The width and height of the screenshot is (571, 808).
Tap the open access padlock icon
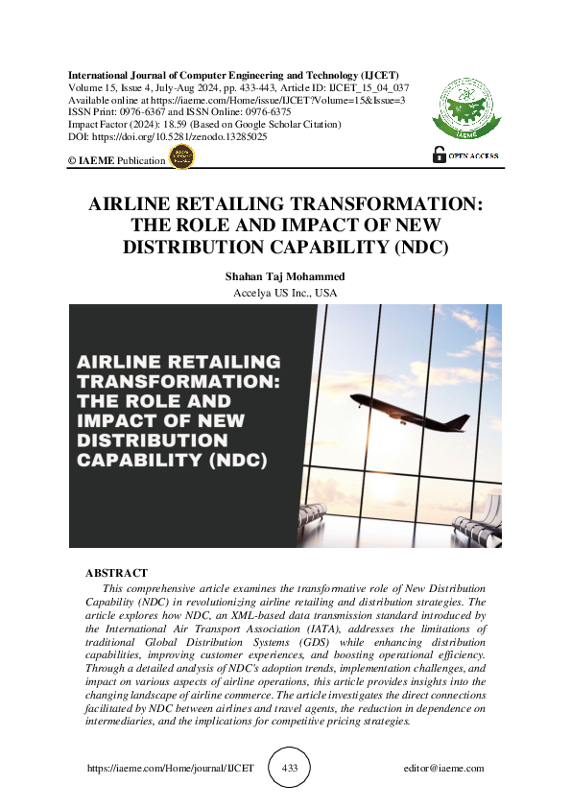tap(440, 154)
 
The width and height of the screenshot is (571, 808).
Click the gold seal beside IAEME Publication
tap(180, 159)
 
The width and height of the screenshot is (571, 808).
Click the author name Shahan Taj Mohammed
tap(285, 276)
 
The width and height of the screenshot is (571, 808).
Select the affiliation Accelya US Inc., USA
tap(285, 293)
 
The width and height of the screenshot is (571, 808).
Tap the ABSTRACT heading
tap(117, 573)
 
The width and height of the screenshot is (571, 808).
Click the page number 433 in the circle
tap(289, 768)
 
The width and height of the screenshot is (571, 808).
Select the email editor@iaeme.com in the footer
tap(444, 768)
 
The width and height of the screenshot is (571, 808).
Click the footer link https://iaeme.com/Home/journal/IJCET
tap(171, 768)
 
